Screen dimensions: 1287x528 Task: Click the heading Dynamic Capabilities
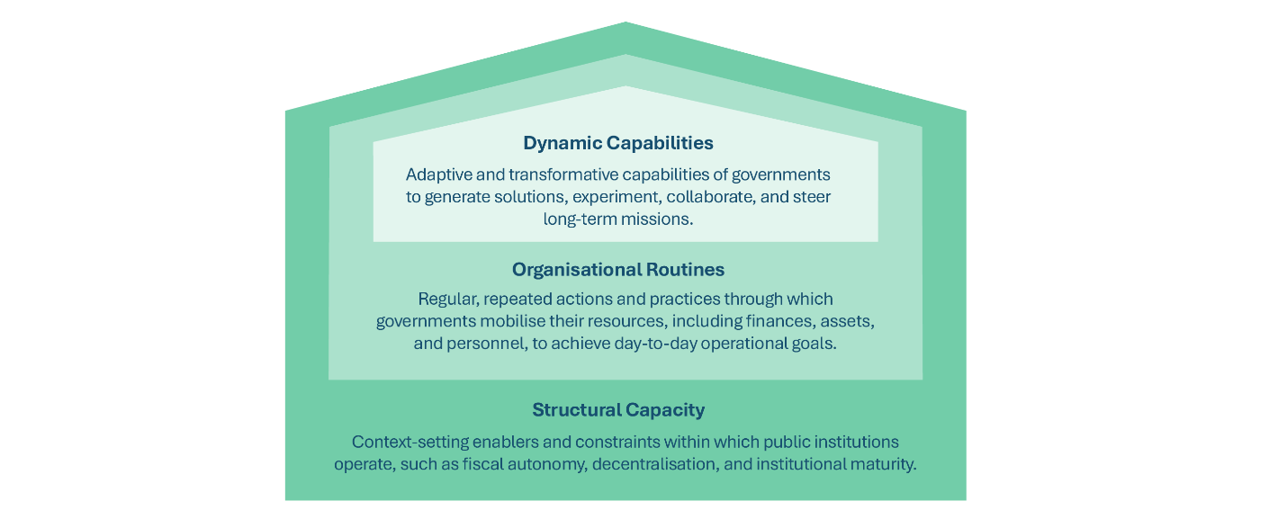click(617, 143)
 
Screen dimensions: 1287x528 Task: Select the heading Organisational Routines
click(617, 270)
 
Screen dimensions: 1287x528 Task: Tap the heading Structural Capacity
click(617, 410)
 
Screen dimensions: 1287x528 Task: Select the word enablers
click(504, 443)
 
